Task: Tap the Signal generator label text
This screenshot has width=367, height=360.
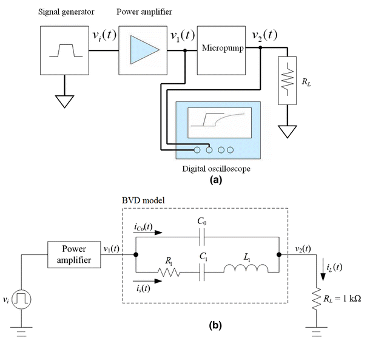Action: (x=62, y=11)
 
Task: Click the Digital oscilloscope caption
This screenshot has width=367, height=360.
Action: (x=215, y=168)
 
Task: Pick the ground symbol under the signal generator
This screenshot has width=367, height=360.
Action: (x=63, y=100)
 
